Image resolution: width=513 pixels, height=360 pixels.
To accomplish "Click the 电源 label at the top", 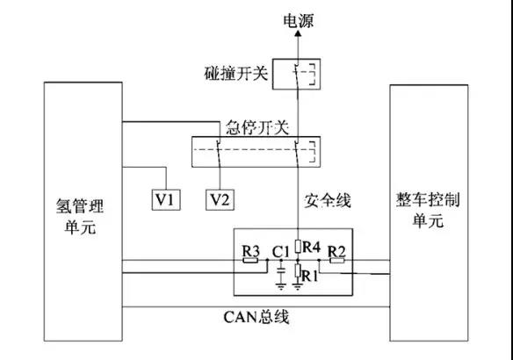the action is pyautogui.click(x=298, y=20).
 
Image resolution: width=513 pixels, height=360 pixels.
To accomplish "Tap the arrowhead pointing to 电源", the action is pyautogui.click(x=298, y=33).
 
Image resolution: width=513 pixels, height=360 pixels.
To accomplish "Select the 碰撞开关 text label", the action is pyautogui.click(x=236, y=73).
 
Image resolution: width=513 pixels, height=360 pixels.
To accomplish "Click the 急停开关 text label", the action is pyautogui.click(x=257, y=127).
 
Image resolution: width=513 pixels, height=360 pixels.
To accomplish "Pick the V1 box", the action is pyautogui.click(x=166, y=199).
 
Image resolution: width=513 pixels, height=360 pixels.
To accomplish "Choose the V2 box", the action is pyautogui.click(x=220, y=199).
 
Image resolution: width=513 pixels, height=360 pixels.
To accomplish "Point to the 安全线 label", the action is pyautogui.click(x=328, y=200).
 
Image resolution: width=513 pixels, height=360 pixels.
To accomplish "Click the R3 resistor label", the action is pyautogui.click(x=250, y=251).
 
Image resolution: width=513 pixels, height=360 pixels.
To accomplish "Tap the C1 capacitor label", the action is pyautogui.click(x=281, y=252).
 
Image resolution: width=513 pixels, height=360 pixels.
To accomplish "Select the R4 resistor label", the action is pyautogui.click(x=312, y=247).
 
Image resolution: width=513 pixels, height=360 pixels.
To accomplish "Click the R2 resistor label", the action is pyautogui.click(x=336, y=251).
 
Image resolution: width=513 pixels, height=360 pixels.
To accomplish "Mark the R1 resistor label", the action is pyautogui.click(x=310, y=277).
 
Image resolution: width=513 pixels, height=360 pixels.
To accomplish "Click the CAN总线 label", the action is pyautogui.click(x=256, y=317).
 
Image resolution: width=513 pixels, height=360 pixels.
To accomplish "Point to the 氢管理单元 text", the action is pyautogui.click(x=80, y=216).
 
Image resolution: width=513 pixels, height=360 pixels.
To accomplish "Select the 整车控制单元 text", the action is pyautogui.click(x=428, y=210).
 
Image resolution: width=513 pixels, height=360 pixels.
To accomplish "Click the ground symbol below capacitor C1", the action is pyautogui.click(x=281, y=287).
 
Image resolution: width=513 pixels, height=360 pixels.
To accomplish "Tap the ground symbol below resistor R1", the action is pyautogui.click(x=298, y=287).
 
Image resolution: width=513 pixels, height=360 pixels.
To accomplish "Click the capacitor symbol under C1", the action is pyautogui.click(x=281, y=270).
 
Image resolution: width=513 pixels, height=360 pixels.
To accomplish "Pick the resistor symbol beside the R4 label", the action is pyautogui.click(x=298, y=247).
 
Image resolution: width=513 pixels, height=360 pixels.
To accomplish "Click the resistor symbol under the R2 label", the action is pyautogui.click(x=336, y=261).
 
